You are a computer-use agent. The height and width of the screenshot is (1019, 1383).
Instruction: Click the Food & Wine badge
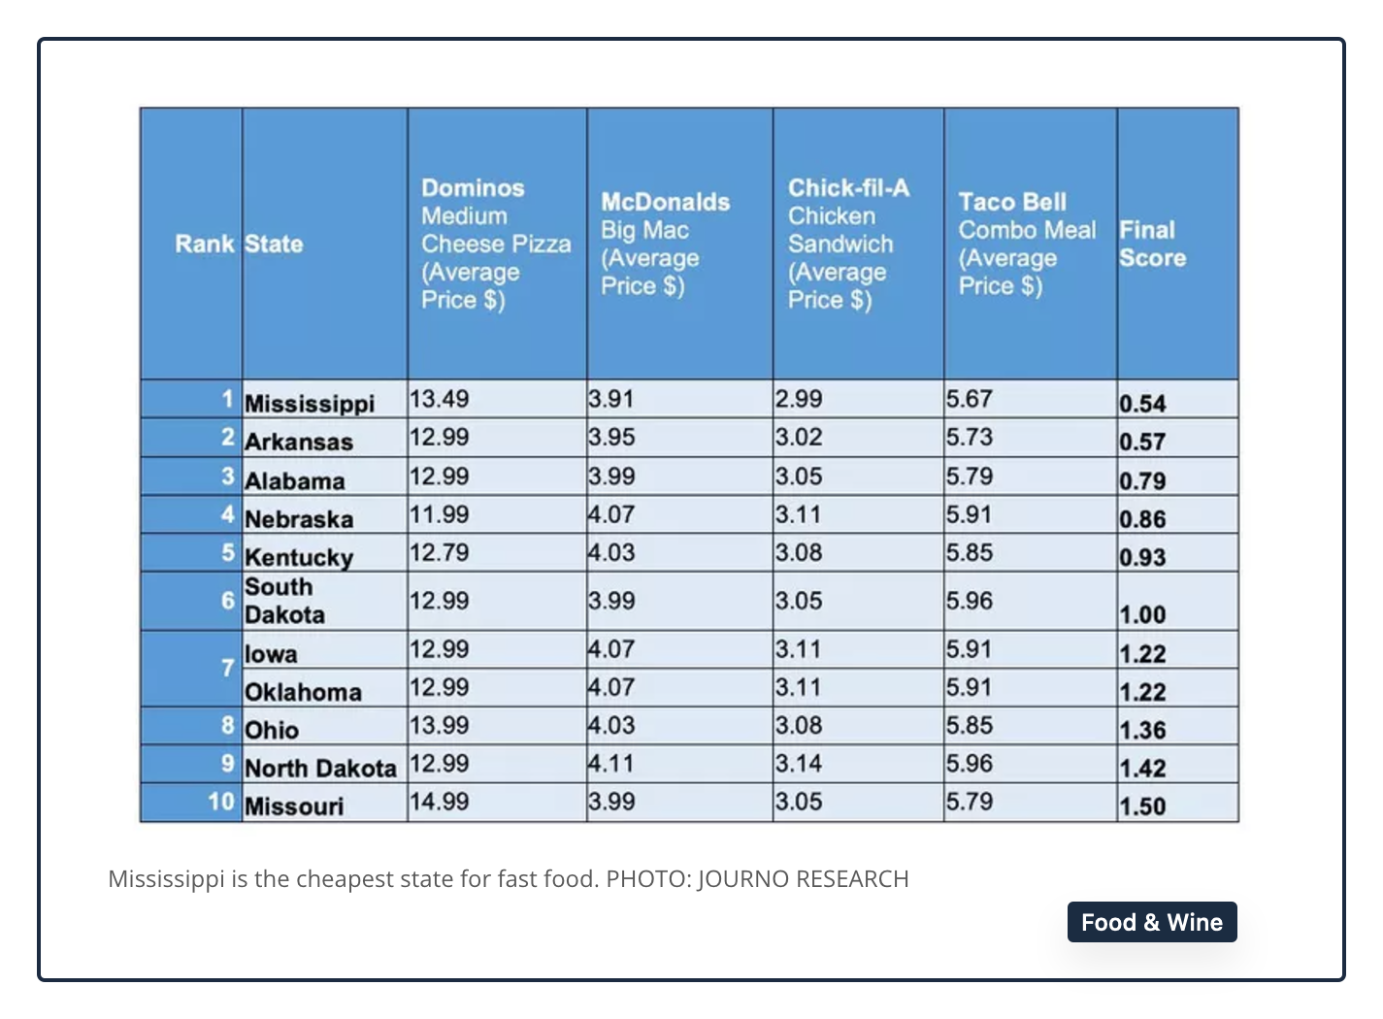click(1152, 922)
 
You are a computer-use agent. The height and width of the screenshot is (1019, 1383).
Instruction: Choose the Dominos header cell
click(496, 244)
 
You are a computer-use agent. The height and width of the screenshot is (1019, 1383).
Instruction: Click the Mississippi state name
click(310, 404)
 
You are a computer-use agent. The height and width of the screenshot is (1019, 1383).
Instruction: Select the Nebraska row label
click(299, 519)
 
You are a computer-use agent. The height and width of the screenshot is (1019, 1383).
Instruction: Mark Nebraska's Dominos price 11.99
click(439, 514)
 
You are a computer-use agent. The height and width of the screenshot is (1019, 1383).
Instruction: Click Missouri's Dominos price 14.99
click(439, 802)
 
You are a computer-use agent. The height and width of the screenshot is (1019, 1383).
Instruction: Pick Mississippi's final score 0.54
click(1143, 404)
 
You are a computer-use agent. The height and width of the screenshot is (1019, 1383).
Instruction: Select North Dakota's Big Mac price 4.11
click(611, 764)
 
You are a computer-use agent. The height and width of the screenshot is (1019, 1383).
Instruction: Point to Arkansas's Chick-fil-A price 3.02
click(799, 437)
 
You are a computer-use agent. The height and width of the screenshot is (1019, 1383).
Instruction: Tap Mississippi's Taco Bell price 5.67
click(970, 399)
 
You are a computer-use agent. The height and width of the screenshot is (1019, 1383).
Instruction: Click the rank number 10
click(221, 802)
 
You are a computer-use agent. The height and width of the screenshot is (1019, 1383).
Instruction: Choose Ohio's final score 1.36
click(1143, 730)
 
